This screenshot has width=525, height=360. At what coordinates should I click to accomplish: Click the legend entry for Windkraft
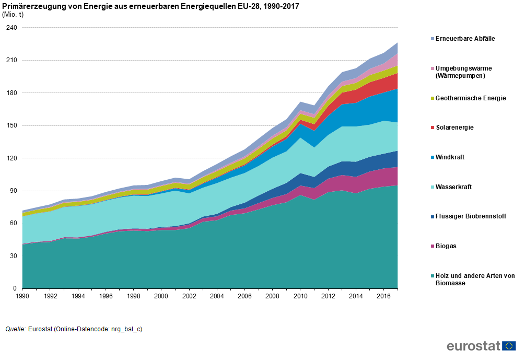click(450, 157)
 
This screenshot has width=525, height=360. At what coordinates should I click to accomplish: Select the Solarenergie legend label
click(454, 127)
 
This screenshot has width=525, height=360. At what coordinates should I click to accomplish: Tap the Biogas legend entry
click(446, 246)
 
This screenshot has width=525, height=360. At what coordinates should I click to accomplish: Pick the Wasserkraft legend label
click(453, 187)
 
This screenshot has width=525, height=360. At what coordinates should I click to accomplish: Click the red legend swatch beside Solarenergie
click(431, 127)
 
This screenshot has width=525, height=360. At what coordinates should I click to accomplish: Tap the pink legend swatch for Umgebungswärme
click(431, 68)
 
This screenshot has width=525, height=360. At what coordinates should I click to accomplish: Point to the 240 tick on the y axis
click(11, 28)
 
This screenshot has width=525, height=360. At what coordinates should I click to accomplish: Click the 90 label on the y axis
click(13, 191)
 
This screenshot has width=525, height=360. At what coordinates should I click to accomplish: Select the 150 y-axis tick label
click(11, 125)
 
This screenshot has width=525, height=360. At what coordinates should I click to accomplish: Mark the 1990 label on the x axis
click(22, 296)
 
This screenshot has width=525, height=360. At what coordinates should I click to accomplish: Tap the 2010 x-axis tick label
click(300, 296)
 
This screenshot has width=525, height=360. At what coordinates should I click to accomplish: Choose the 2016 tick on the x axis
click(384, 296)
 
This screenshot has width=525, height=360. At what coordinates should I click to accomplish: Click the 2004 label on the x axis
click(217, 296)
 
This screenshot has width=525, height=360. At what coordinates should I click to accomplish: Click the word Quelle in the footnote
click(15, 329)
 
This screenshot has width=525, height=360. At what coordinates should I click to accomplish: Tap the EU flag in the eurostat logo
click(509, 346)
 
